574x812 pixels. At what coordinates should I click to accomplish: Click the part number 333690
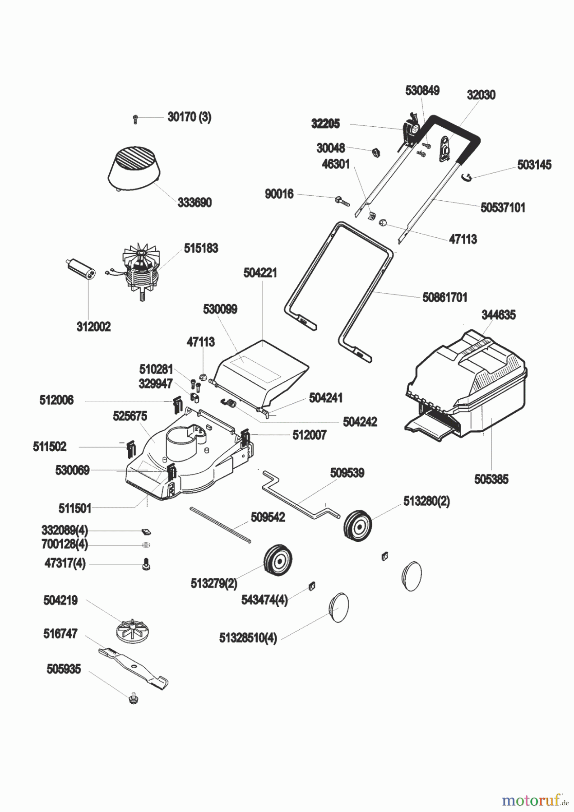click(194, 203)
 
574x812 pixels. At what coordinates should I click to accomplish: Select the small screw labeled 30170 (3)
click(135, 119)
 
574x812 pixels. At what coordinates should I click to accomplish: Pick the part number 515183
click(201, 248)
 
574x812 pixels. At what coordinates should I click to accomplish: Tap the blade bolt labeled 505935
click(134, 699)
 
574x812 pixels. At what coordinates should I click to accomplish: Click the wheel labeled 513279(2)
click(278, 561)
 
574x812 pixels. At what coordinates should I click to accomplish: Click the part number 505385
click(491, 479)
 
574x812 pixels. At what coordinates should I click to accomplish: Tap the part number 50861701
click(444, 298)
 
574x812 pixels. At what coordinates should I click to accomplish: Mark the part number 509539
click(347, 473)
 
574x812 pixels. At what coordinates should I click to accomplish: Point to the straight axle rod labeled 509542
click(220, 526)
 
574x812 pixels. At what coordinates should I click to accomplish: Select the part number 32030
click(481, 95)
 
